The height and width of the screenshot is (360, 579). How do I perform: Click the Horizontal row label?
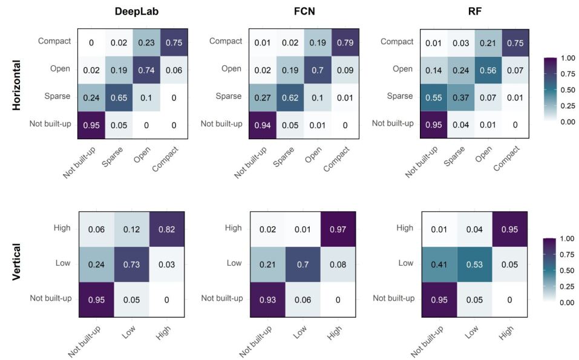pyautogui.click(x=17, y=84)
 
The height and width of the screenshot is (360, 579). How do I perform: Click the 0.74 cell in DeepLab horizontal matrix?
pyautogui.click(x=147, y=70)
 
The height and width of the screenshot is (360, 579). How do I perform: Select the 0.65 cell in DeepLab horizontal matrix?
pyautogui.click(x=119, y=97)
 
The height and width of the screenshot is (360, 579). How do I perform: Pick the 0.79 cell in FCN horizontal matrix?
pyautogui.click(x=345, y=42)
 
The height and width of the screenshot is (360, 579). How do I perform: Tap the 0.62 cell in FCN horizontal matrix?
pyautogui.click(x=290, y=97)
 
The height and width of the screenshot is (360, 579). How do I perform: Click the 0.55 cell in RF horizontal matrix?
pyautogui.click(x=434, y=97)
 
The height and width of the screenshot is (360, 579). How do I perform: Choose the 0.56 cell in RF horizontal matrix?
pyautogui.click(x=489, y=70)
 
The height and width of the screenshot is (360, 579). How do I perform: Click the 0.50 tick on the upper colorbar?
pyautogui.click(x=568, y=89)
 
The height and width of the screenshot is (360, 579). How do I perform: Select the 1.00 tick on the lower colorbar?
pyautogui.click(x=568, y=238)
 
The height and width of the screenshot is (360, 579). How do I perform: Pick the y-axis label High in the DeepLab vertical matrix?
pyautogui.click(x=62, y=229)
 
